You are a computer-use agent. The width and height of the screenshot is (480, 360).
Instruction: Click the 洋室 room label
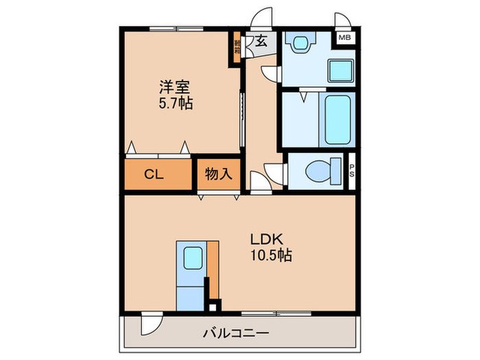174,88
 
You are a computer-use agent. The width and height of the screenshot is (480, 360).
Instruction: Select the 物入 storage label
219,174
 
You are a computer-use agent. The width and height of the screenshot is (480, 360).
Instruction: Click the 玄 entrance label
261,41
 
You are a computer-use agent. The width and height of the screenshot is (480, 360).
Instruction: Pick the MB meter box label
344,38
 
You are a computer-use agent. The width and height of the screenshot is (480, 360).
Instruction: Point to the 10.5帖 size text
270,256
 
